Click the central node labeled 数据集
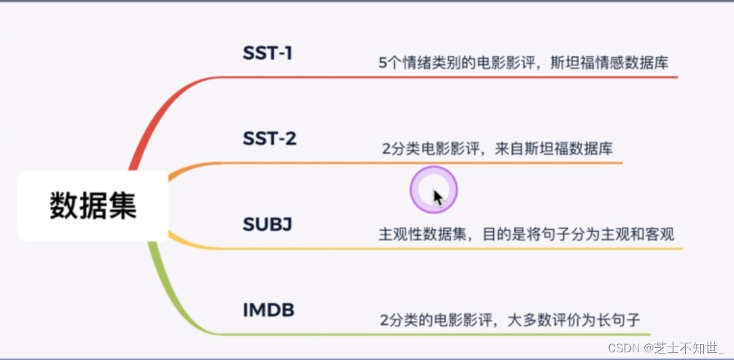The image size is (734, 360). (x=93, y=206)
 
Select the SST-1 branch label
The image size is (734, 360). (x=268, y=53)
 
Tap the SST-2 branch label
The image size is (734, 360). (x=270, y=138)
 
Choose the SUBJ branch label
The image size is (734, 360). (x=268, y=225)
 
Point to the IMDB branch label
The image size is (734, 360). (x=268, y=311)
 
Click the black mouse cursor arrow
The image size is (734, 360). (x=438, y=196)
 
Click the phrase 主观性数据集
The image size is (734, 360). (x=418, y=234)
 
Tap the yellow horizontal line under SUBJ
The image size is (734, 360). (x=448, y=249)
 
